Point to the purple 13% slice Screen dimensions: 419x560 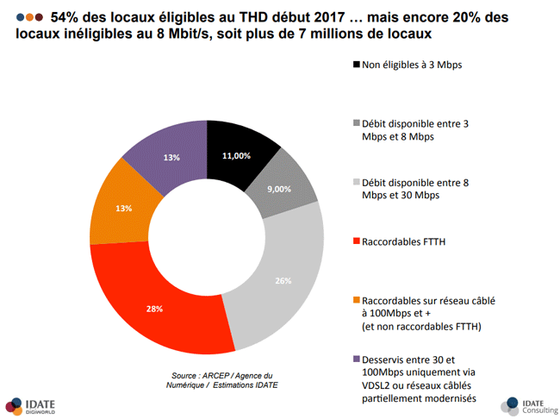[171, 156]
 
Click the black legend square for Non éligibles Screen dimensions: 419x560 [357, 66]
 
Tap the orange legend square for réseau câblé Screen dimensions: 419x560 [357, 301]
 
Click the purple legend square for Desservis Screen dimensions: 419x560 [357, 360]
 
